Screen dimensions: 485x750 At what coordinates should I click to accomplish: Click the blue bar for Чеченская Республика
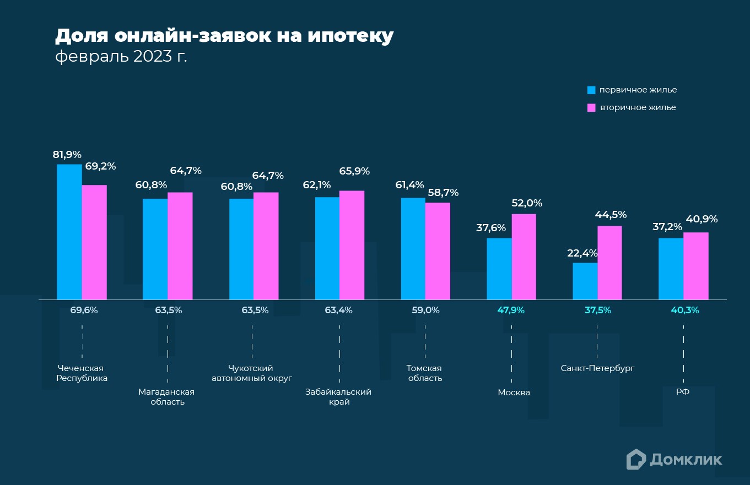(x=69, y=232)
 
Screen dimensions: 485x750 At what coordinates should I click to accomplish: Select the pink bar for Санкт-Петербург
(x=609, y=263)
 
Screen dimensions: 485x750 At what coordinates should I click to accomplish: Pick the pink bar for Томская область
(x=438, y=251)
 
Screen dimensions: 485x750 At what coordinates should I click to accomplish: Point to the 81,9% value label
(x=67, y=155)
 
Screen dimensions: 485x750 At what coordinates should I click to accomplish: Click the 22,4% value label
(x=582, y=253)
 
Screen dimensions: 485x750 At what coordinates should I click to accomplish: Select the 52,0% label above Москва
(x=527, y=203)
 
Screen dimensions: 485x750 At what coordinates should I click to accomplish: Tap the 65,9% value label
(x=354, y=171)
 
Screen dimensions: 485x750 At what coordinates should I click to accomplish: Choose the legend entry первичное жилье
(x=638, y=90)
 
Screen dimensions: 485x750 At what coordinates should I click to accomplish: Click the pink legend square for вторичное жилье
(x=591, y=107)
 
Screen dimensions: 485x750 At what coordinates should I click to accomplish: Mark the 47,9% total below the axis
(x=511, y=310)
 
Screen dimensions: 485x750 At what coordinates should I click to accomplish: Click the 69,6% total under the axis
(x=84, y=310)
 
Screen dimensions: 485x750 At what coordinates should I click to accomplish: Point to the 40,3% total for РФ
(x=684, y=310)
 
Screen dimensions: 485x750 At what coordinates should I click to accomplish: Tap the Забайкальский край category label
(x=338, y=397)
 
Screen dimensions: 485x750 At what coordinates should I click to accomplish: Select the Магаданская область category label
(x=166, y=397)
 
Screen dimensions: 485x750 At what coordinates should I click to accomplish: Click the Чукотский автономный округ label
(x=251, y=373)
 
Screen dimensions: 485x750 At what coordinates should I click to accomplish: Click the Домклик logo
(x=674, y=459)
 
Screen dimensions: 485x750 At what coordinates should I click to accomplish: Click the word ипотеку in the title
(x=350, y=36)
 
